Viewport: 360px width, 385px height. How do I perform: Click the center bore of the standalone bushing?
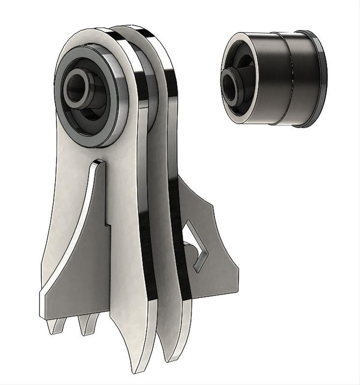pyautogui.click(x=231, y=81)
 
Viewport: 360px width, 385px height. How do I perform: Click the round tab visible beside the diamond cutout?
pyautogui.click(x=187, y=245)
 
